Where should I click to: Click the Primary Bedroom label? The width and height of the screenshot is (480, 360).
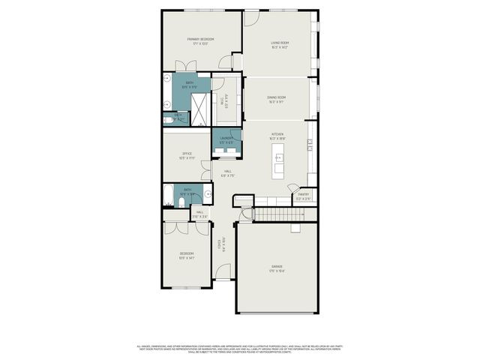(x=200, y=38)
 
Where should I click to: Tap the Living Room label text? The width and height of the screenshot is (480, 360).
(x=280, y=43)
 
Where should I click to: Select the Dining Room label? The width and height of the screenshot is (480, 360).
(x=278, y=97)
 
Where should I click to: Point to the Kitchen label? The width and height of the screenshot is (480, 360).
(x=277, y=135)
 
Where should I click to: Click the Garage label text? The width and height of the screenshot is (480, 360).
(x=277, y=266)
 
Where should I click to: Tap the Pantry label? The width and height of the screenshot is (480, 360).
(x=303, y=194)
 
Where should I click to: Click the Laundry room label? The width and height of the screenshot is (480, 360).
(x=225, y=138)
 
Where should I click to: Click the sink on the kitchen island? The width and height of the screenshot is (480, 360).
(x=278, y=158)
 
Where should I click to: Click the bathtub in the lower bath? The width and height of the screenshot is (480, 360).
(x=168, y=196)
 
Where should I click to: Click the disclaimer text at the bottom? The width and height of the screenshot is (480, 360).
(x=239, y=349)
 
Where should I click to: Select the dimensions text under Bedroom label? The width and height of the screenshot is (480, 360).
(x=187, y=258)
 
